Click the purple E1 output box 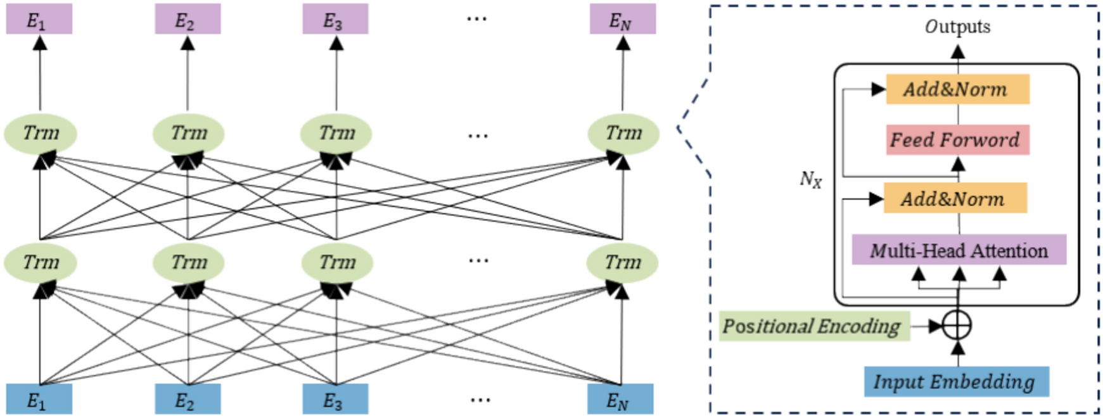(39, 20)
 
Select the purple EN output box (622, 20)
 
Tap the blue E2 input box (188, 399)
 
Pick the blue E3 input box (335, 399)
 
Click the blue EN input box (620, 399)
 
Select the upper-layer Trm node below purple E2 (188, 133)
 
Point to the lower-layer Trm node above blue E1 (41, 262)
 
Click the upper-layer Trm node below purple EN (623, 133)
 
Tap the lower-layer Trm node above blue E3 (336, 262)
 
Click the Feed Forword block (957, 139)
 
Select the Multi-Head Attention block (959, 250)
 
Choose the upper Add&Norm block (957, 89)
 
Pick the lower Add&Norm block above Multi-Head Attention (954, 199)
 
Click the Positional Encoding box (813, 326)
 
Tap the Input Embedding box (955, 381)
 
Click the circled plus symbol (957, 326)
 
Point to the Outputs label (957, 27)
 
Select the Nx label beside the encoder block (810, 180)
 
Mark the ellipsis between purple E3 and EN (476, 19)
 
